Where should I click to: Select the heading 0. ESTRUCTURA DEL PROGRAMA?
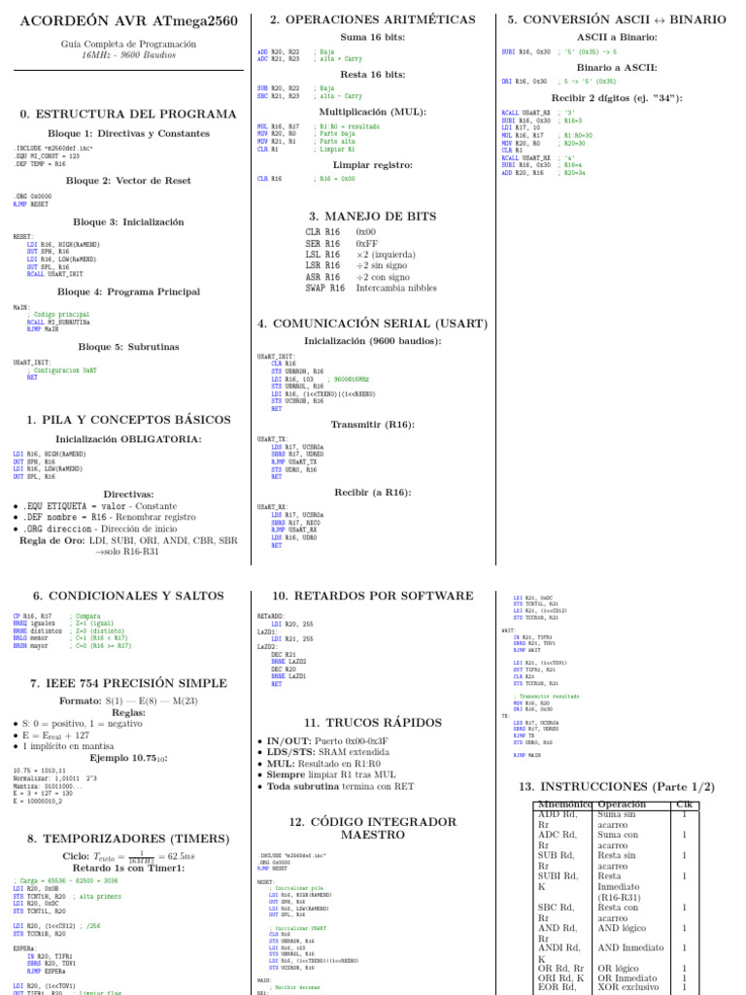[128, 114]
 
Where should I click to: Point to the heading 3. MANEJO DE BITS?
[372, 217]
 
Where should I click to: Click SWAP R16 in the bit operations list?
[324, 288]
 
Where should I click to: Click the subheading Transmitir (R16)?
[373, 425]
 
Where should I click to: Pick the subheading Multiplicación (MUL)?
[373, 112]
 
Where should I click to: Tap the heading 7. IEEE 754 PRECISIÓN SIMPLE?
[127, 683]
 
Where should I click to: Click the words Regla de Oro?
[51, 540]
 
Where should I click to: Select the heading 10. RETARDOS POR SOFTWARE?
[373, 596]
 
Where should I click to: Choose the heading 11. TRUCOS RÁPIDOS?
[373, 722]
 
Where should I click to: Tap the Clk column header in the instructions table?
[684, 805]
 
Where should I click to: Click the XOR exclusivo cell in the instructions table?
[628, 987]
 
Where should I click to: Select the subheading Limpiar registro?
[373, 164]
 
